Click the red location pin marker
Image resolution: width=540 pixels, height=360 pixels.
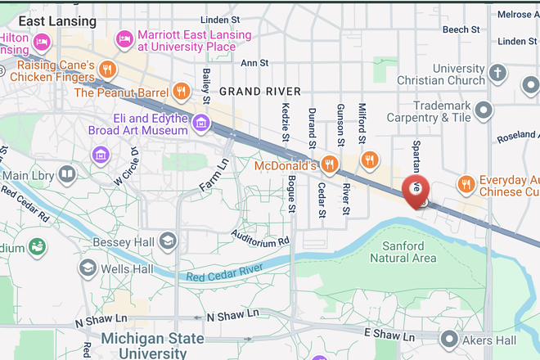coord(416,191)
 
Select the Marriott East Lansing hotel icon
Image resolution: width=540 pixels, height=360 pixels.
coord(124,38)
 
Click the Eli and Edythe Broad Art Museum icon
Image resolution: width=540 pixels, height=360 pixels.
coord(200,124)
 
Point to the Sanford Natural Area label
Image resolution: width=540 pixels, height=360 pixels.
coord(403,252)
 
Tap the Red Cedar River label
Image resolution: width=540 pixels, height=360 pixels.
coord(223,272)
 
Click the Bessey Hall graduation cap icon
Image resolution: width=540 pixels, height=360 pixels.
coord(168,241)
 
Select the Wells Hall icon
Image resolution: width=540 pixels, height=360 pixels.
coord(87,268)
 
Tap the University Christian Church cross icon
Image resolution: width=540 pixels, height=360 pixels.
coord(497,74)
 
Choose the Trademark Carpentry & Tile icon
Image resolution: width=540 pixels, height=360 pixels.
coord(484,110)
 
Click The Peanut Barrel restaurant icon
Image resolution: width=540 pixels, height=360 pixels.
coord(181,92)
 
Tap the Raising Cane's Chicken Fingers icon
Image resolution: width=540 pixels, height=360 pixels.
coord(107,69)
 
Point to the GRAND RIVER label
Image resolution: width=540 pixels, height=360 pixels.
coord(260,91)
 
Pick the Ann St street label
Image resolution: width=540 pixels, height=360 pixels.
coord(254,62)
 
